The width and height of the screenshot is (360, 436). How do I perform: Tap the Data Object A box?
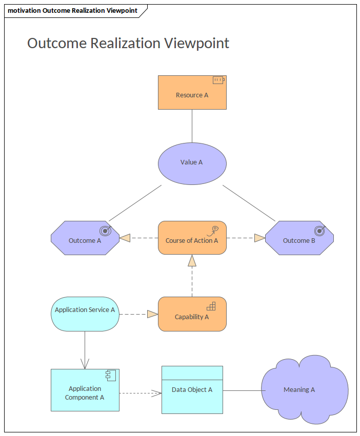pos(192,390)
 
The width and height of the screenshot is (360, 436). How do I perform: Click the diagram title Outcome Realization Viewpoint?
pos(128,44)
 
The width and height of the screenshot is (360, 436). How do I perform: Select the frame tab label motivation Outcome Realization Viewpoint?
pos(72,11)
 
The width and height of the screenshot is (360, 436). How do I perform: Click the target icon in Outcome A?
pos(105,230)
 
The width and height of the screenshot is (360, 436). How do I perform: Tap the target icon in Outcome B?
pos(320,230)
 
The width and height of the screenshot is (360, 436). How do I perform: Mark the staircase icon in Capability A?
pos(211,306)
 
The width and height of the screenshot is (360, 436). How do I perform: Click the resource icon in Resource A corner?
pos(218,80)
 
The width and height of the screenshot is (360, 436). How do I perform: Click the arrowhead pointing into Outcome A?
pos(125,238)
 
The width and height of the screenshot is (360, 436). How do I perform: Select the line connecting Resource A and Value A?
pos(192,126)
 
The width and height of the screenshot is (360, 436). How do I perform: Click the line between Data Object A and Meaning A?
pos(242,390)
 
